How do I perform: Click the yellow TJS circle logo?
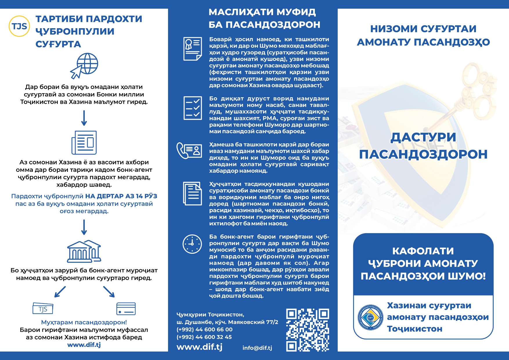pyautogui.click(x=19, y=26)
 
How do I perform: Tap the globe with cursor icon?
pyautogui.click(x=84, y=66)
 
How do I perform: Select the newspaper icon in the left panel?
pyautogui.click(x=84, y=143)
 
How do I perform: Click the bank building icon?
pyautogui.click(x=84, y=251)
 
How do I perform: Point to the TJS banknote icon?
pyautogui.click(x=43, y=309)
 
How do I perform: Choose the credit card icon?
pyautogui.click(x=126, y=309)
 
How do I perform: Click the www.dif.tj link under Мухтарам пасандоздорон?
pyautogui.click(x=84, y=345)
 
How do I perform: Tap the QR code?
pyautogui.click(x=307, y=330)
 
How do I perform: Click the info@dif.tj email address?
pyautogui.click(x=257, y=348)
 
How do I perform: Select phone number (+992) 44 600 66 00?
pyautogui.click(x=204, y=330)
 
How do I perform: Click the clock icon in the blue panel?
pyautogui.click(x=192, y=244)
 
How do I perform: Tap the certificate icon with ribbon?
pyautogui.click(x=192, y=49)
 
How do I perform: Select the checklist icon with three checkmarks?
pyautogui.click(x=192, y=108)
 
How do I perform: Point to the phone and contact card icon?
pyautogui.click(x=189, y=150)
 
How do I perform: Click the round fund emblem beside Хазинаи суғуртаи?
pyautogui.click(x=370, y=318)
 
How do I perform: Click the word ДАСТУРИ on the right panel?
pyautogui.click(x=423, y=137)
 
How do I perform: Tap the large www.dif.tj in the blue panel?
pyautogui.click(x=199, y=347)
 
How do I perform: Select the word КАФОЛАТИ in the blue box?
pyautogui.click(x=423, y=251)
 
